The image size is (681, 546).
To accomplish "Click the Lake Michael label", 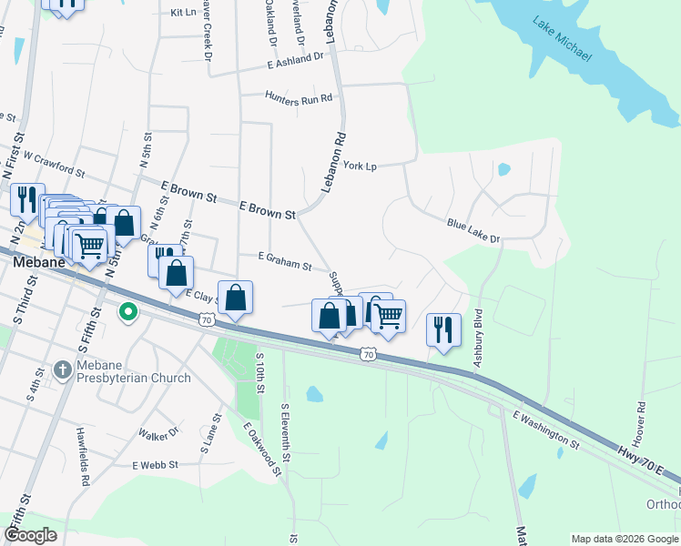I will (x=564, y=41).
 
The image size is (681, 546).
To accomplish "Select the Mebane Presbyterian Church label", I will (x=134, y=371).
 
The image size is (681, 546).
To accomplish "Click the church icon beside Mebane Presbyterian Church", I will (x=63, y=370).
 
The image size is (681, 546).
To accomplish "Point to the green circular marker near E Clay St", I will (x=128, y=312).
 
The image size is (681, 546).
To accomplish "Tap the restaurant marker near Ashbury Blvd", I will (x=442, y=329).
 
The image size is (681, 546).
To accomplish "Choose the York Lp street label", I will (x=359, y=166).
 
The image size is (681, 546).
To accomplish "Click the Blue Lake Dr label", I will (x=473, y=230).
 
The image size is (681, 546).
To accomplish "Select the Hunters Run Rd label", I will (x=299, y=96).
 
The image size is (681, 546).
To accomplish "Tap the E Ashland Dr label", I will (x=296, y=60).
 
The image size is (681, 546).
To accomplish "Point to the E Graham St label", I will (x=285, y=261).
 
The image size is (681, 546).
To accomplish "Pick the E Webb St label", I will (x=155, y=464).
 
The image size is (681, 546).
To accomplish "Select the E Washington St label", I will (x=546, y=430).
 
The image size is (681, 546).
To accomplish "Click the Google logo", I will (x=31, y=534).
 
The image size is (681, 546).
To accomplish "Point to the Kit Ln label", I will (x=183, y=13).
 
